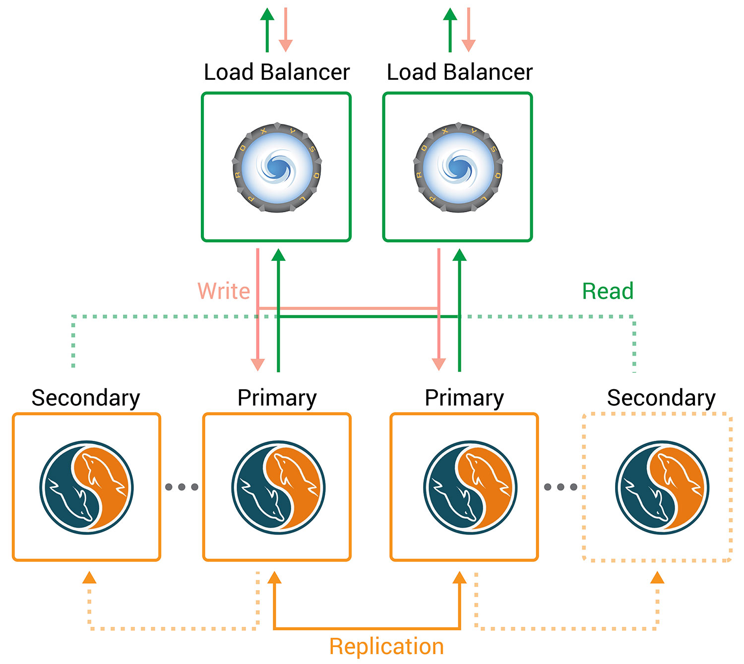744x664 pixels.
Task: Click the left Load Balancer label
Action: pos(277,72)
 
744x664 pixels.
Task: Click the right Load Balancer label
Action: pos(459,72)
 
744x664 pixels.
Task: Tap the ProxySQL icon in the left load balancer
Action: pos(277,168)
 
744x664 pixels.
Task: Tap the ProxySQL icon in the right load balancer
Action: pos(458,168)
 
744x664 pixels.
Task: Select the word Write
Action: pos(224,291)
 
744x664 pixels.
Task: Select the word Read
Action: pos(608,291)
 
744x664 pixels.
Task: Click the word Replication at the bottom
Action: pos(386,647)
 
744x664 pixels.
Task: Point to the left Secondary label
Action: pos(86,398)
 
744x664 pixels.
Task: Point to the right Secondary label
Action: pos(661,398)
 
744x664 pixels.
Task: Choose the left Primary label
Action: pos(277,398)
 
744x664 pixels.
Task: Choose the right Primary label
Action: pos(464,398)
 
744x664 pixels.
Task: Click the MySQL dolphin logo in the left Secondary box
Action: pos(86,487)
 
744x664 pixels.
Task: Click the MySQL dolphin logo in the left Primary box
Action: pos(278,487)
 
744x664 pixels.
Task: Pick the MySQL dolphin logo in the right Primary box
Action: pos(470,487)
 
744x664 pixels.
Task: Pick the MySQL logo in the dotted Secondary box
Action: pos(662,487)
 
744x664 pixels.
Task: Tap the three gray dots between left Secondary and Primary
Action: pos(182,487)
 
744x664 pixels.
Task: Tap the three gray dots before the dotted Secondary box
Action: pos(560,487)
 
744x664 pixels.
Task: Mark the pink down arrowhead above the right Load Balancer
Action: pos(468,46)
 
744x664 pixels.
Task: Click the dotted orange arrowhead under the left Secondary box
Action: pos(89,577)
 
